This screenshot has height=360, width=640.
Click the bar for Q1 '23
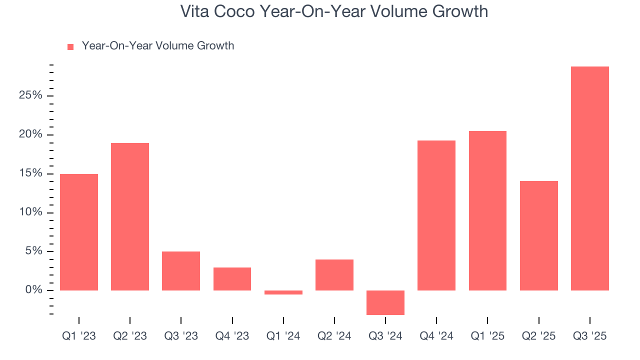(79, 232)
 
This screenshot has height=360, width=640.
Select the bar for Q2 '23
(130, 216)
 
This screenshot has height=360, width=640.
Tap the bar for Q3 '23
(181, 271)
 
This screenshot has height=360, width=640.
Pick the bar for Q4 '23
(232, 279)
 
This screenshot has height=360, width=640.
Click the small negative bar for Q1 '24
(283, 292)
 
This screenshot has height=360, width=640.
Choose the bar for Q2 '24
(334, 275)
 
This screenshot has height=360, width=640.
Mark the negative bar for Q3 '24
(385, 302)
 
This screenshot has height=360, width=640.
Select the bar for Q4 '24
(436, 215)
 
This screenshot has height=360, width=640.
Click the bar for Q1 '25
(487, 210)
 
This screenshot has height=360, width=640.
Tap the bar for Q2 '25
(539, 235)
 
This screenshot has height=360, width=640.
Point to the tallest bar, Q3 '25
(590, 178)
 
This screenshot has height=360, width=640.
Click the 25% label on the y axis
(30, 95)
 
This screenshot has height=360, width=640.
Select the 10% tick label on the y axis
(30, 212)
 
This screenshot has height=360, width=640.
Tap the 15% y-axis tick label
(30, 173)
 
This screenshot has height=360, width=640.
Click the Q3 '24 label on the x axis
(385, 336)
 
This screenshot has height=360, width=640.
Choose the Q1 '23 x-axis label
(79, 336)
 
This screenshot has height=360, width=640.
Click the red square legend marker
(70, 47)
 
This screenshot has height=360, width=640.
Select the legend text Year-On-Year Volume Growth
(157, 46)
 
